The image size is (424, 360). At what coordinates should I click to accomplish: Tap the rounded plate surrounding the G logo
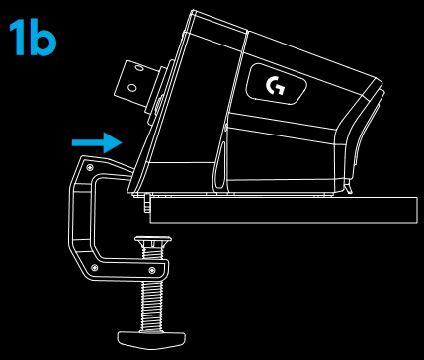(276, 86)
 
